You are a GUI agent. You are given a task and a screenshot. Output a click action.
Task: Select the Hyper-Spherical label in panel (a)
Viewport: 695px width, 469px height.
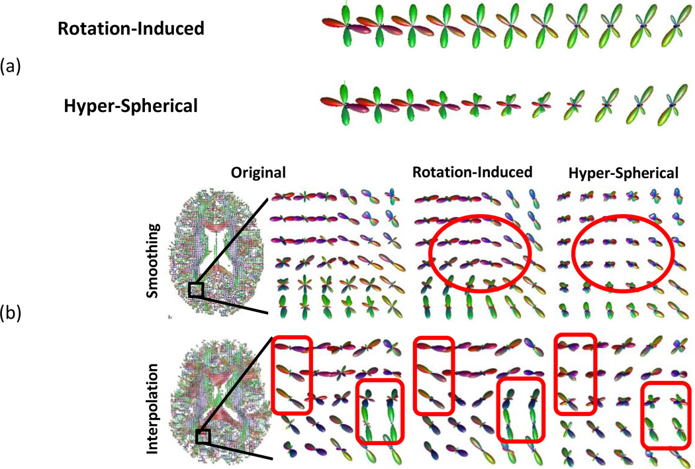coord(131,105)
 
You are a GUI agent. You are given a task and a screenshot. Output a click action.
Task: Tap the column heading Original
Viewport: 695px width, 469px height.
coord(258,173)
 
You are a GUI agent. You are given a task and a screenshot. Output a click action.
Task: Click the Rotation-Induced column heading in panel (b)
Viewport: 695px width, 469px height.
coord(473,173)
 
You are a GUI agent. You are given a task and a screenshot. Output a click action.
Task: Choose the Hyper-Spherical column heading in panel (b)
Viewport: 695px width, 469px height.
coord(624,173)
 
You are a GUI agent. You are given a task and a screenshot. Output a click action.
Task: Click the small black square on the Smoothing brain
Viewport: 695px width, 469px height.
coord(196,290)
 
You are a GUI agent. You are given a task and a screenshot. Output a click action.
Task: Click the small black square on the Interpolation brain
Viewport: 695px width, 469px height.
coord(203,436)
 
